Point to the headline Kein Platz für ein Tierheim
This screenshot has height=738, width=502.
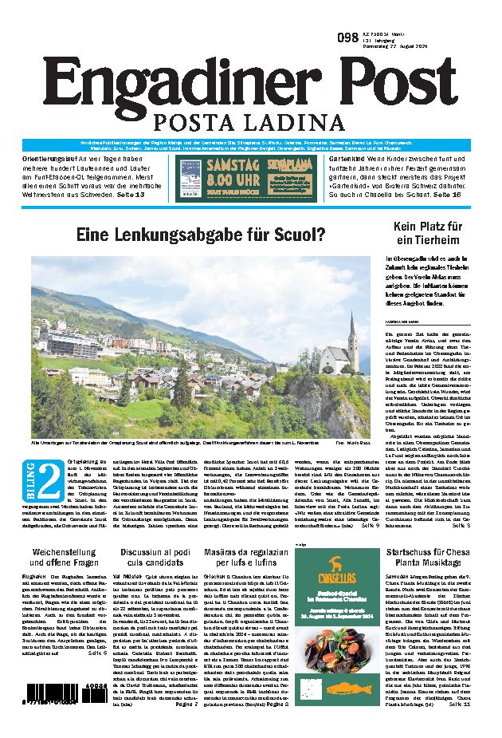(427, 233)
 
